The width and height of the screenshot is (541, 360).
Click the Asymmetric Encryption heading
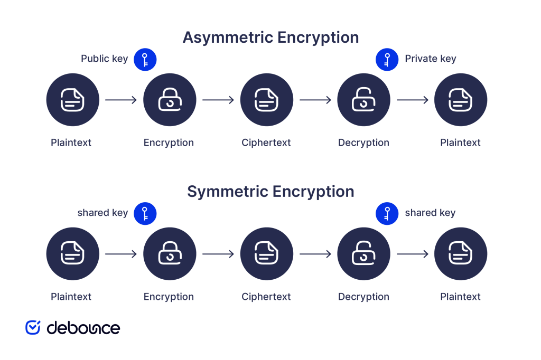pos(270,37)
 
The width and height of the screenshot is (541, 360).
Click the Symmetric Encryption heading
pos(270,191)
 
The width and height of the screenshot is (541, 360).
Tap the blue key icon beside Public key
pos(145,59)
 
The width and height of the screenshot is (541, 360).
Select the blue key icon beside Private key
pos(387,59)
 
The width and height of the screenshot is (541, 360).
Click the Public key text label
pos(104,59)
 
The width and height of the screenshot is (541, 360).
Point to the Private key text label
pos(430,59)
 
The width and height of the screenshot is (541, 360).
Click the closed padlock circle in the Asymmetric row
pos(170,100)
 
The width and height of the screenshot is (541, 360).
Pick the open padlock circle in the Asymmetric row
pos(363,100)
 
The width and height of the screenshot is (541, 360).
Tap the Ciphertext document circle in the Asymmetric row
pos(266,100)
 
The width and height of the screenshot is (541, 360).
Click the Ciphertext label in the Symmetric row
pos(266,297)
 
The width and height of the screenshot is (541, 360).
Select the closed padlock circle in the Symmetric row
pos(170,254)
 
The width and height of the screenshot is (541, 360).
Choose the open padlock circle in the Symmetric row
pos(363,254)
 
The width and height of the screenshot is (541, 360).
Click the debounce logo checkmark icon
pos(33,327)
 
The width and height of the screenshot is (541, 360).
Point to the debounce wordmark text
pos(83,328)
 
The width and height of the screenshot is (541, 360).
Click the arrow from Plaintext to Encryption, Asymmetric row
pos(121,100)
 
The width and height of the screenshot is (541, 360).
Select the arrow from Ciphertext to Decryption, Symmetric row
pos(315,254)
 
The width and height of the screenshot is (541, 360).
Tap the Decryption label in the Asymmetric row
pos(363,143)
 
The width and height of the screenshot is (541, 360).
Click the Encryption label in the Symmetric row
pos(169,297)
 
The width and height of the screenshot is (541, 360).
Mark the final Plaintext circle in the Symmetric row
pos(461,254)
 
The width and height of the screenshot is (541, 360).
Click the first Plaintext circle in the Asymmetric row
pos(72,100)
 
